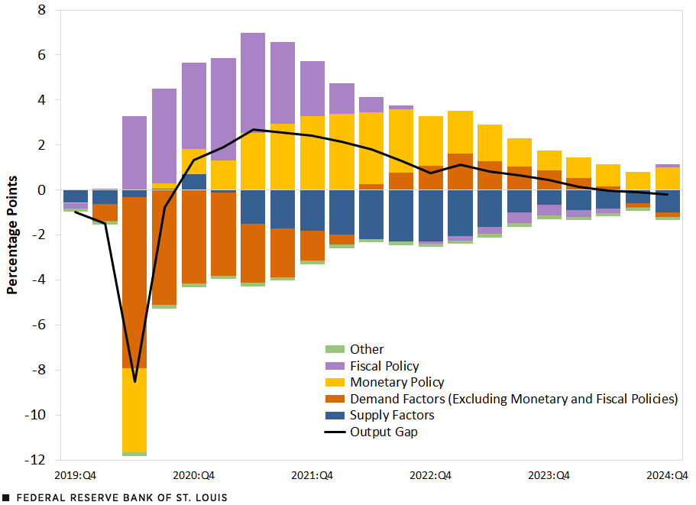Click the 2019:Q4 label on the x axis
pyautogui.click(x=75, y=475)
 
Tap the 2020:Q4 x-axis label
pyautogui.click(x=193, y=475)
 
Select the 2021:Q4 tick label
pyautogui.click(x=312, y=475)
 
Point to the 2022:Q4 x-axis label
pyautogui.click(x=430, y=475)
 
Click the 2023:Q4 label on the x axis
pyautogui.click(x=549, y=475)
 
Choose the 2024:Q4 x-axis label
pyautogui.click(x=667, y=475)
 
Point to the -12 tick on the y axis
pyautogui.click(x=35, y=461)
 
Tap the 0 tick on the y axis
pyautogui.click(x=41, y=190)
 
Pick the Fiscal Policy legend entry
pyautogui.click(x=384, y=366)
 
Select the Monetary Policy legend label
pyautogui.click(x=397, y=382)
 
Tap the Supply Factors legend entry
pyautogui.click(x=391, y=415)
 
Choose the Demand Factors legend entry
pyautogui.click(x=513, y=399)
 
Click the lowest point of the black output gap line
pyautogui.click(x=135, y=380)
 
